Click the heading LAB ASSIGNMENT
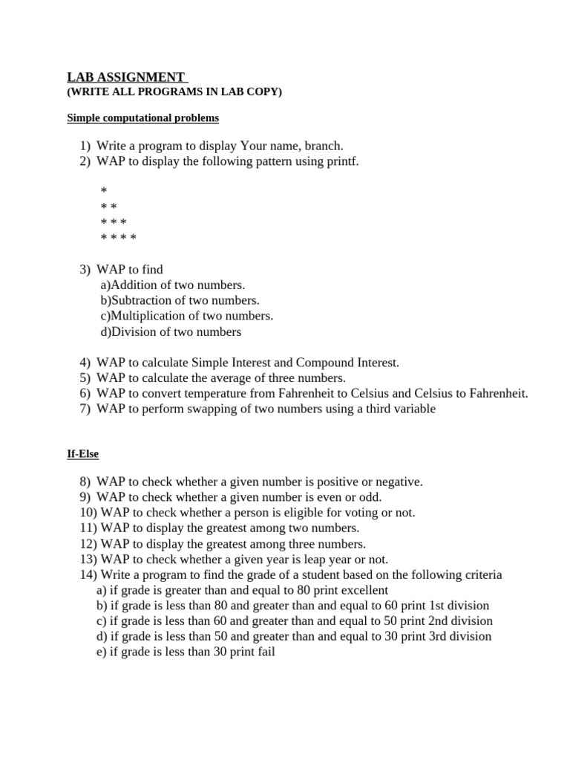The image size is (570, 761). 125,77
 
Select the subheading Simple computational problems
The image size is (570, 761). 142,118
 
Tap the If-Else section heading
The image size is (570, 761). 82,453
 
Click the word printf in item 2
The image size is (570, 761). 342,161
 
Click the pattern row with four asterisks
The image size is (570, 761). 119,238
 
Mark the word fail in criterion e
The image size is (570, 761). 264,652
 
